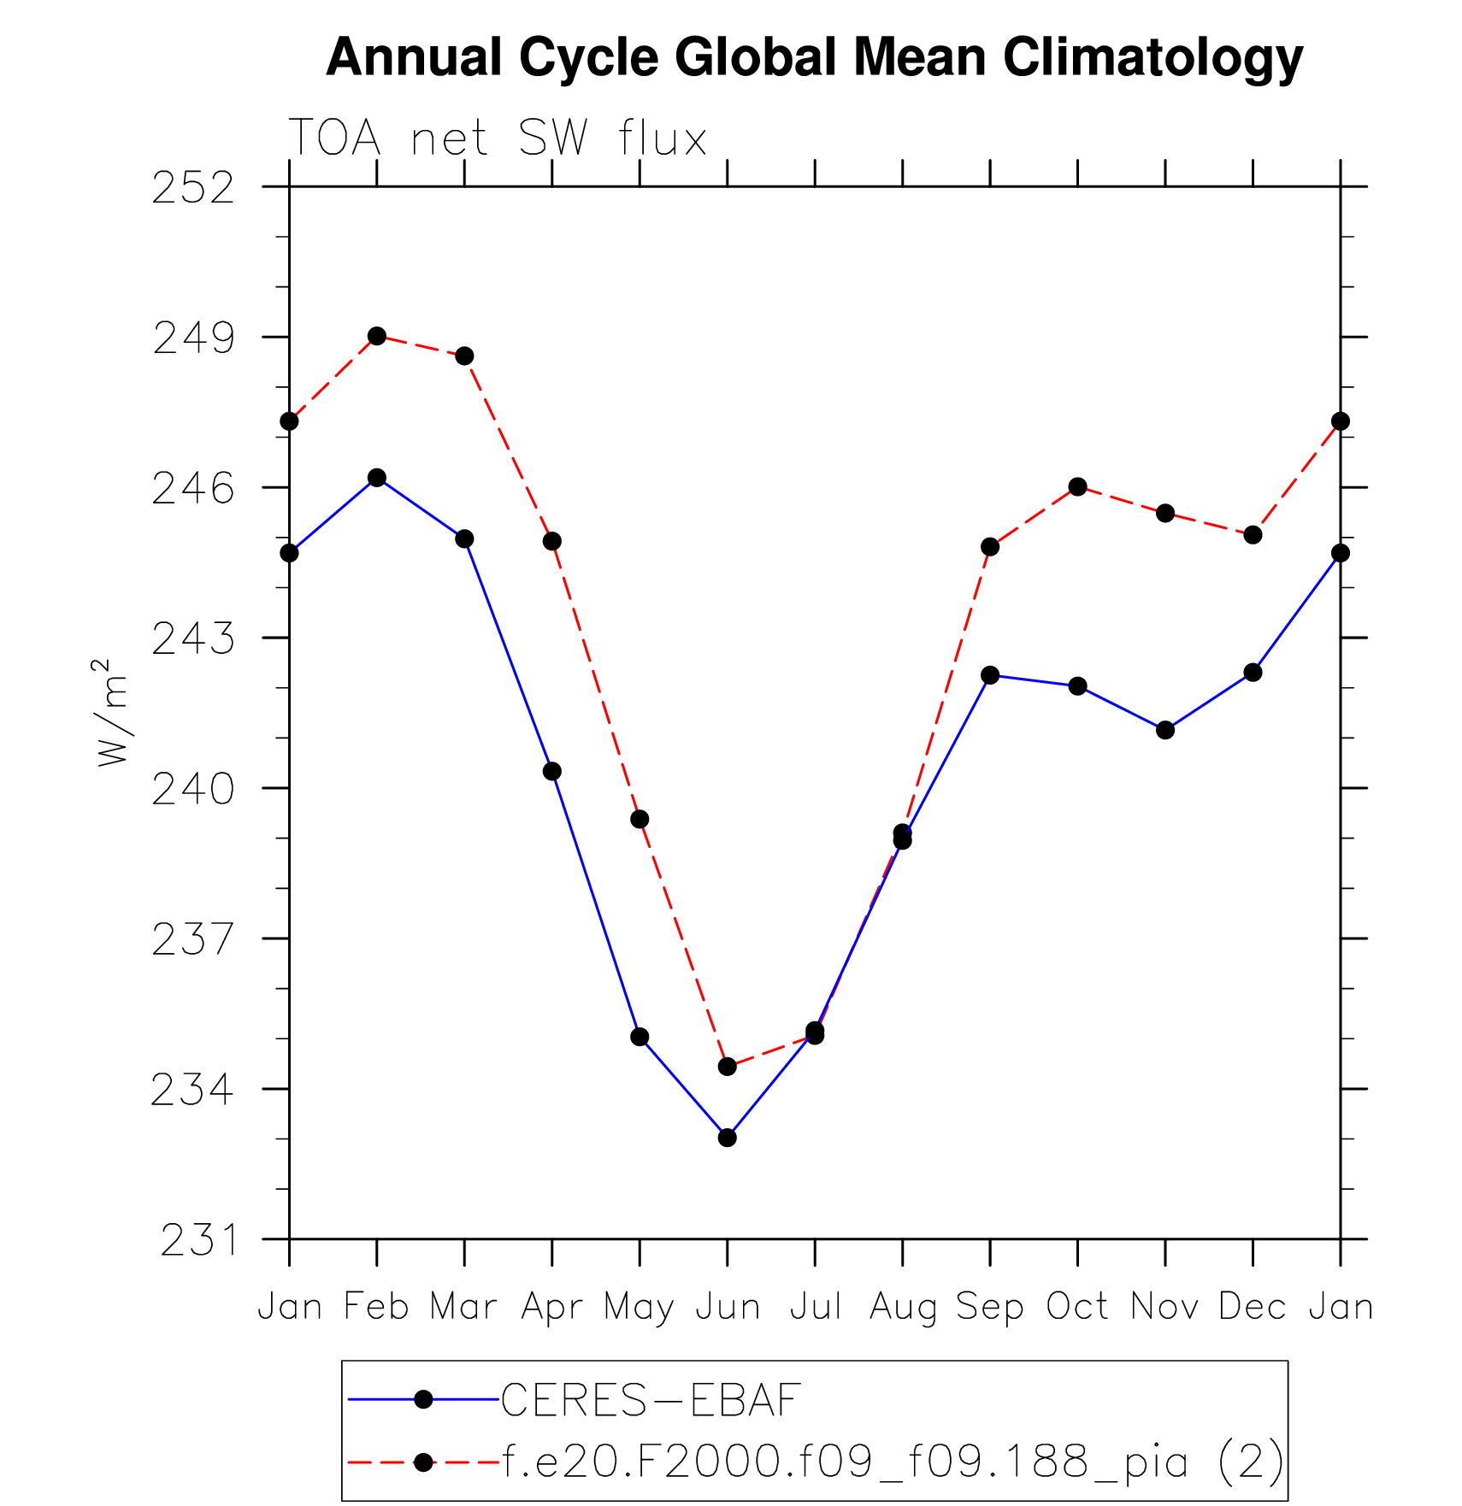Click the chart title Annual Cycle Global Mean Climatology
[814, 58]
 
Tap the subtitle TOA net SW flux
[498, 138]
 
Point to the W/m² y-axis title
[112, 713]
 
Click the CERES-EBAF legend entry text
[651, 1400]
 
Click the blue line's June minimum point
[728, 1138]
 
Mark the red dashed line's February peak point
[377, 336]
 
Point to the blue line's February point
[377, 478]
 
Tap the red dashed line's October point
[1077, 487]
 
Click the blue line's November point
[1165, 730]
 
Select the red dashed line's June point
[728, 1067]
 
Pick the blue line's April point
[552, 772]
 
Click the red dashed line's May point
[640, 820]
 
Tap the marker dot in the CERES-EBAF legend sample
[423, 1399]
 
